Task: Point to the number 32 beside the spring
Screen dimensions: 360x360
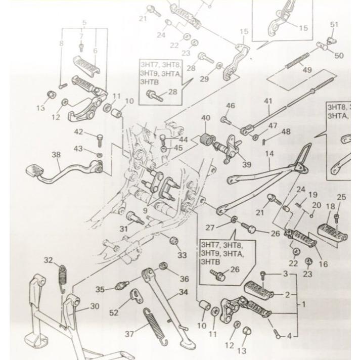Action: (48, 260)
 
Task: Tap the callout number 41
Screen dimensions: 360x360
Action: (268, 101)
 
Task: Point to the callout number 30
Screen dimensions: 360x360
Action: (95, 305)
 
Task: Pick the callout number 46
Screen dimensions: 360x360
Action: (231, 105)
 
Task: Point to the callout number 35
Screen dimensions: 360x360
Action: (100, 290)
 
